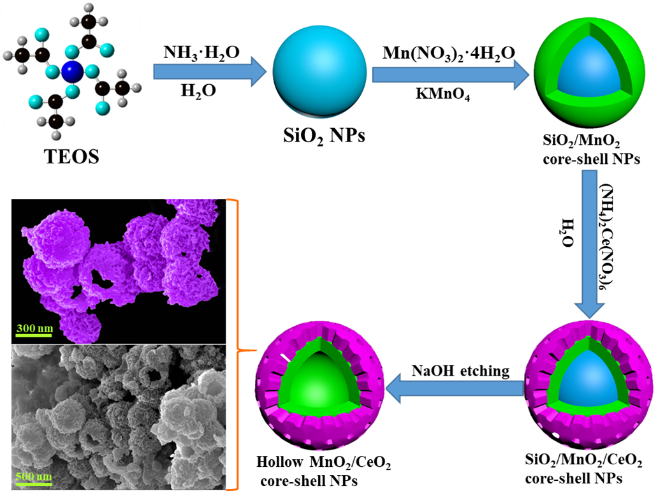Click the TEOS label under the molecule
[71, 156]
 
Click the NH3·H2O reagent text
[201, 52]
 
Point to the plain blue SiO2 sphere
[319, 71]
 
